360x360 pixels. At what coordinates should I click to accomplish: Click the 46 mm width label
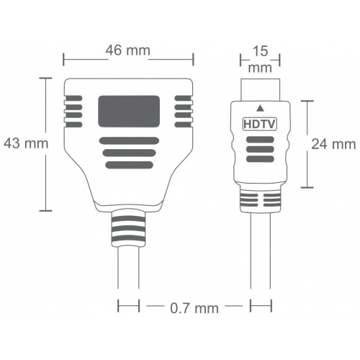[128, 50]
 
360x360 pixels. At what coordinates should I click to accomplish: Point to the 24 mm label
[333, 143]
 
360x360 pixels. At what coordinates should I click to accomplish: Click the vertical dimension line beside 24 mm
[310, 143]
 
